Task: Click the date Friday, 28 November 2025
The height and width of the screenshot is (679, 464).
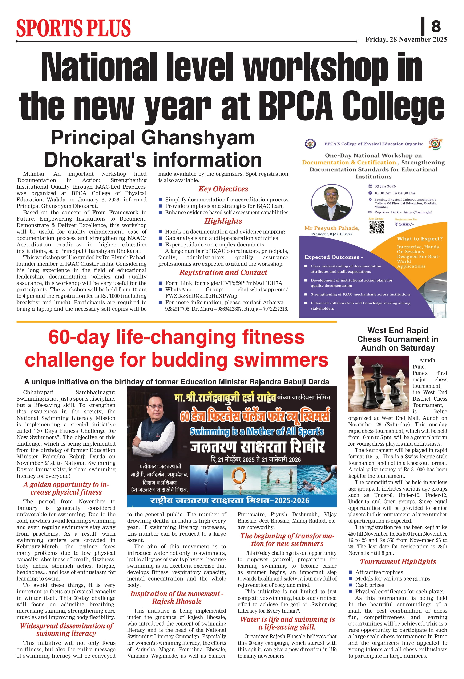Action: (x=406, y=40)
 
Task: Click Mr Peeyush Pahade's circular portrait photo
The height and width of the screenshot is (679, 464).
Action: (x=332, y=203)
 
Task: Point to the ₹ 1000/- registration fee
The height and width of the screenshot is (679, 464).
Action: (x=404, y=224)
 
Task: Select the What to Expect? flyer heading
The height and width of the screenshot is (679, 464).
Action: (x=420, y=239)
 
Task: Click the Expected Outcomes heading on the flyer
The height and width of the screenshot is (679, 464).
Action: (x=334, y=257)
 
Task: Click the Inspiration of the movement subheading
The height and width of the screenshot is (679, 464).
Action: (x=177, y=597)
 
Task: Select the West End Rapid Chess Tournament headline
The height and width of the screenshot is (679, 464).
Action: (x=398, y=339)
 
